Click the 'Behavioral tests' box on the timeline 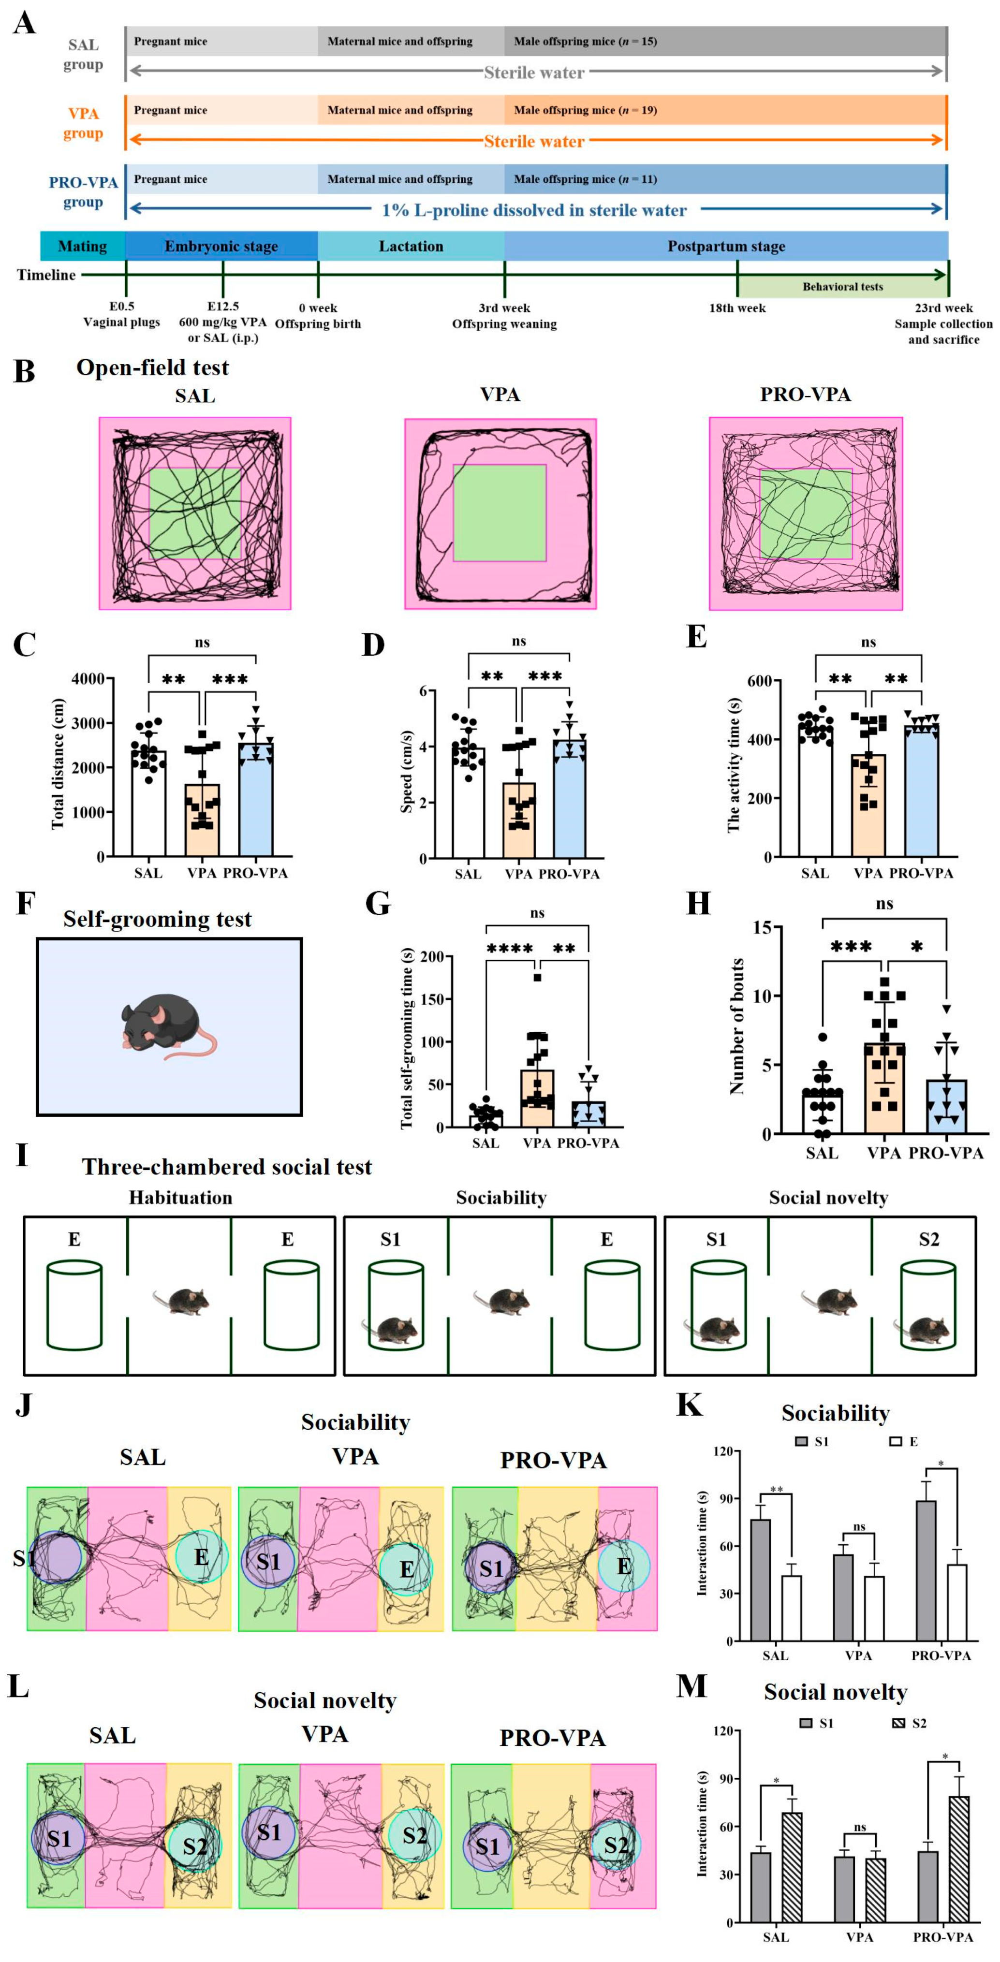(x=842, y=286)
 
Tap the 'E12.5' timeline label (x=222, y=306)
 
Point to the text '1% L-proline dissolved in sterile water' (x=534, y=210)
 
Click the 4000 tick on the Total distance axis (x=88, y=679)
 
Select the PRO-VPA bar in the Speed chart (x=569, y=800)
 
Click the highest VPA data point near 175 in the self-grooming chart (x=537, y=978)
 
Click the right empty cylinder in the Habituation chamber (x=291, y=1305)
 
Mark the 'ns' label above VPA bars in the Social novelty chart (x=859, y=1827)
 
